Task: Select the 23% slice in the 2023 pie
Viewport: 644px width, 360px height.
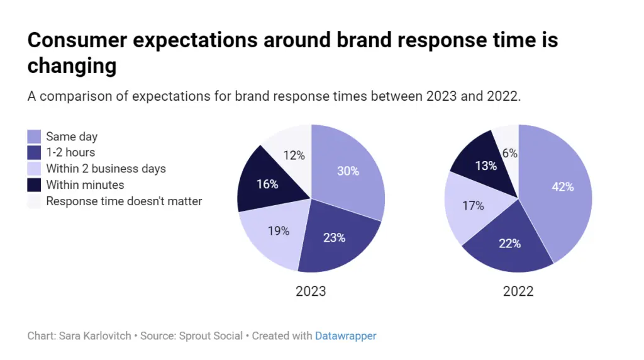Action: (334, 237)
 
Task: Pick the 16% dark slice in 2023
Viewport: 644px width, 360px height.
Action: (267, 184)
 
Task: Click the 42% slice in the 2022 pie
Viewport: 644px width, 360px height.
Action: (562, 186)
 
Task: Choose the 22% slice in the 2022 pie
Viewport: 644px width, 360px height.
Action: (509, 244)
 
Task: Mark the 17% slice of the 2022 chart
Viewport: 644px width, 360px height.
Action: (472, 205)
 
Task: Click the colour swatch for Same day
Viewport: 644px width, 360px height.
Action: (35, 137)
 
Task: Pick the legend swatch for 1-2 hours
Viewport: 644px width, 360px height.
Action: (35, 152)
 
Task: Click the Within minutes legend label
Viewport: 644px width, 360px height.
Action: (85, 185)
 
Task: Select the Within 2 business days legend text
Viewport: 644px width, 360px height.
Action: (106, 169)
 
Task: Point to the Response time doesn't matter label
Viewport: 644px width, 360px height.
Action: (124, 201)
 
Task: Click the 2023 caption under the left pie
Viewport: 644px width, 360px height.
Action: (311, 291)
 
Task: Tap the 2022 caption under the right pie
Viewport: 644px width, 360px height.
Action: (518, 291)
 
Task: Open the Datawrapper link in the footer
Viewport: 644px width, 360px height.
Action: (345, 336)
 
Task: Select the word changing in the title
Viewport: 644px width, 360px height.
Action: (72, 65)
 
